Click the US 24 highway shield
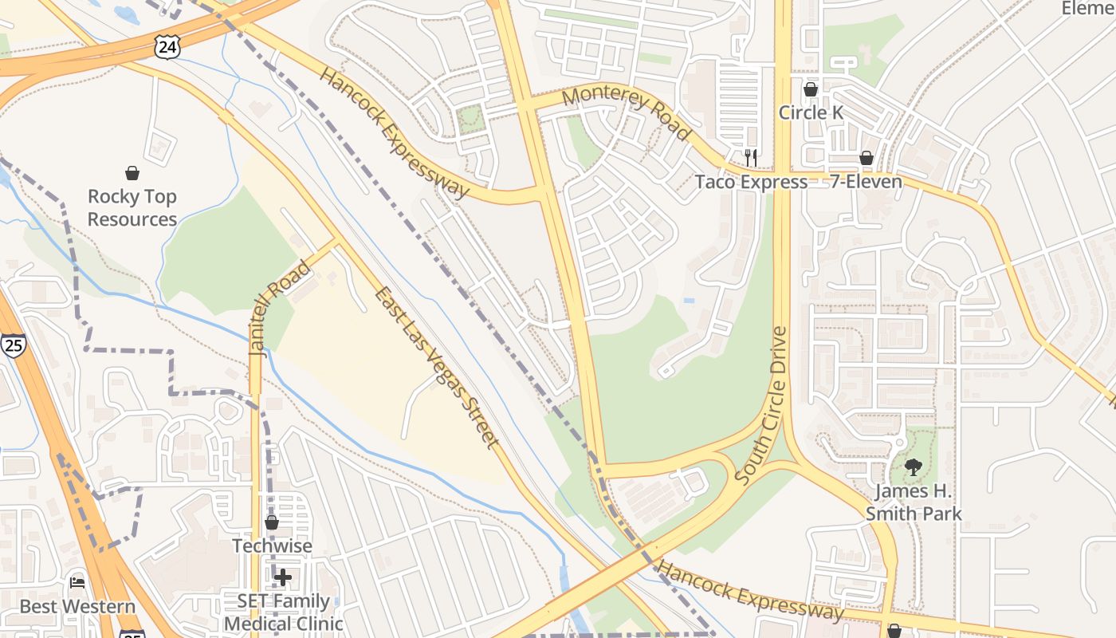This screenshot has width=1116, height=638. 167,47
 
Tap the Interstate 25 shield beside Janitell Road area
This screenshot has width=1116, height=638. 14,345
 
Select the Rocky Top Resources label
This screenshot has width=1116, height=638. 132,207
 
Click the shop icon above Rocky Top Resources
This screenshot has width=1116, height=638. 132,173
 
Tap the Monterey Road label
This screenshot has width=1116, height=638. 626,112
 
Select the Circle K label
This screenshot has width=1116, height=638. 811,112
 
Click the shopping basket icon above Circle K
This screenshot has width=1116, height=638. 811,89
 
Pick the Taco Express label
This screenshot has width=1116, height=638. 751,182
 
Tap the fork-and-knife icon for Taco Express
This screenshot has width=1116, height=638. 750,158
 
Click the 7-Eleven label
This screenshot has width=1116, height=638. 866,182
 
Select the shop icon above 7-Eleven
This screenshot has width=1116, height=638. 866,159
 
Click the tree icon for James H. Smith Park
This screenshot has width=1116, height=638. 914,467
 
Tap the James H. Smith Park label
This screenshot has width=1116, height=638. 914,502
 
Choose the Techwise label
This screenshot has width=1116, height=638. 272,546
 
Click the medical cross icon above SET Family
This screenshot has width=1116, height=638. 283,577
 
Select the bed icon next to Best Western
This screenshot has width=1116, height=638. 77,583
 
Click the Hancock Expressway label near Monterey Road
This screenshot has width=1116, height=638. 395,132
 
